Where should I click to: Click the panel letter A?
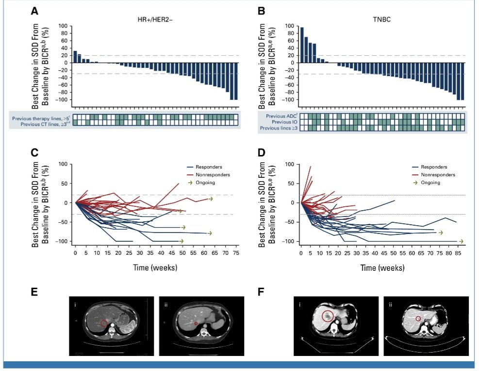point(35,11)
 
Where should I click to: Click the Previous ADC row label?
point(280,116)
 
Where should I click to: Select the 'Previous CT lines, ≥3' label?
point(45,123)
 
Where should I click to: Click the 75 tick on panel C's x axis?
point(236,253)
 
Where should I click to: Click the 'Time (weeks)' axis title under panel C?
point(156,267)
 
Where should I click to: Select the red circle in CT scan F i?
point(328,317)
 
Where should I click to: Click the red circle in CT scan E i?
point(104,323)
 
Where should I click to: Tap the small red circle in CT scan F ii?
point(418,319)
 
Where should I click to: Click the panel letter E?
point(35,293)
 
